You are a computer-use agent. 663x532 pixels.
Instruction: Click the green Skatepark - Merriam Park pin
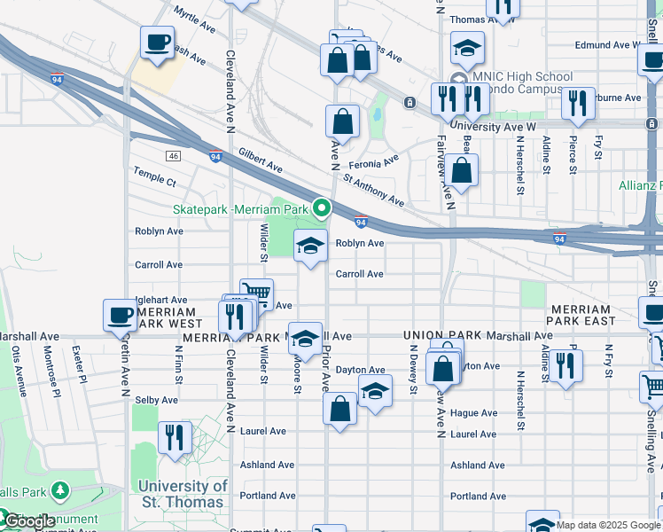(322, 209)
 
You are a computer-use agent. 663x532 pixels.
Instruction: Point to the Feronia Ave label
(373, 163)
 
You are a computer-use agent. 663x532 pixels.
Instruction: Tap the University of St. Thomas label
(182, 494)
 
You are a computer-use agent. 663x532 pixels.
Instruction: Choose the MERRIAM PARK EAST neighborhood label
(590, 314)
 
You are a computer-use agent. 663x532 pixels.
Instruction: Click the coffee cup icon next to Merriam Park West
(121, 315)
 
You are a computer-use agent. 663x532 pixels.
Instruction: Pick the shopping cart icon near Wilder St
(255, 293)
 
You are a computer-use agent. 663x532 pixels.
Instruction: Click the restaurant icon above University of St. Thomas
(175, 436)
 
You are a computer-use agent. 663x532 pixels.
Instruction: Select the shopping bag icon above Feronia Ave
(342, 122)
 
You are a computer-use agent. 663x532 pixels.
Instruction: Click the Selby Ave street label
(156, 401)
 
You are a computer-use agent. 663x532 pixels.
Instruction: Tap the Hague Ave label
(473, 413)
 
